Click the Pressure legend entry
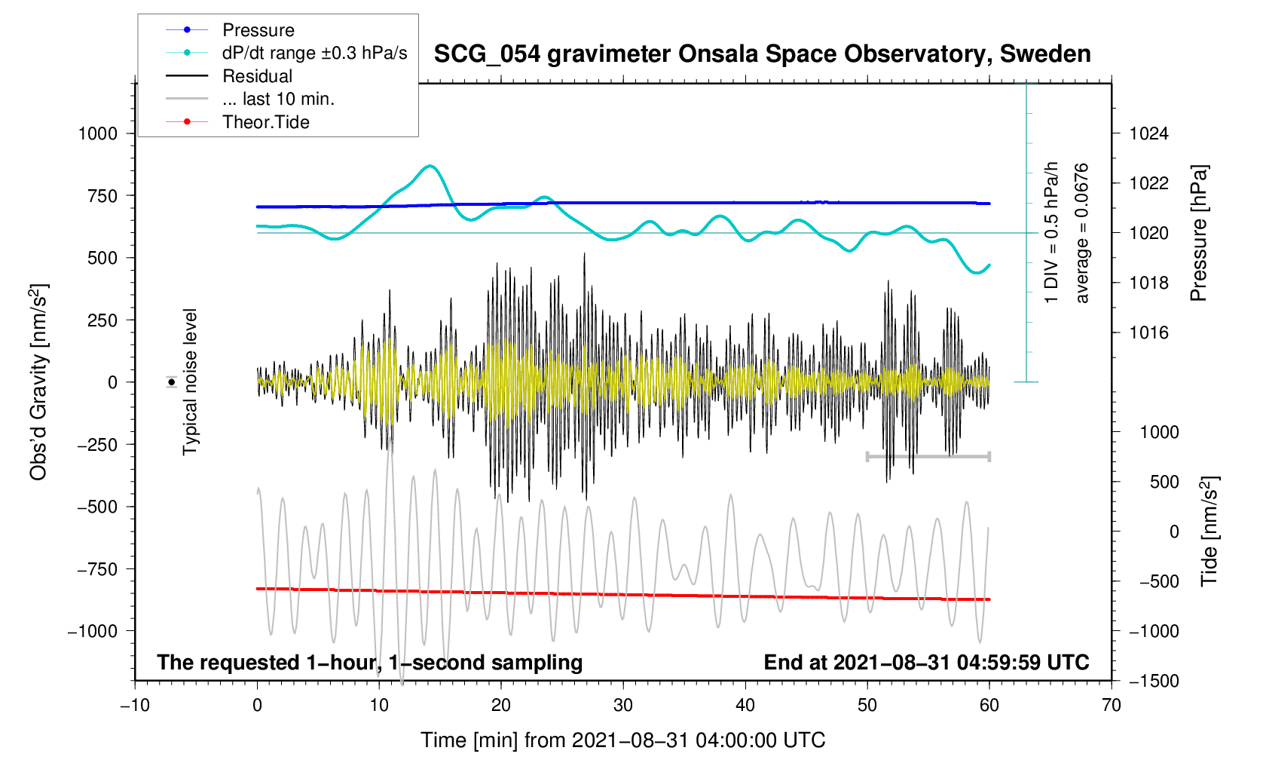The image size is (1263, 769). [x=258, y=30]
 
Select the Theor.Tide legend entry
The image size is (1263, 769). [x=265, y=122]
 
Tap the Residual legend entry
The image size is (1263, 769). [x=257, y=76]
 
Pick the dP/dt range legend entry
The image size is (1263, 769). [x=314, y=53]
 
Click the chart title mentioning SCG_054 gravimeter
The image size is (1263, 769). [x=762, y=54]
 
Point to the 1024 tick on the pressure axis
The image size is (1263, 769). [x=1148, y=134]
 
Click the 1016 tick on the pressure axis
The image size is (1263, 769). [x=1148, y=333]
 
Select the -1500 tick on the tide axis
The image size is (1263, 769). [x=1148, y=682]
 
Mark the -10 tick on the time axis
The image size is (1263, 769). [x=135, y=706]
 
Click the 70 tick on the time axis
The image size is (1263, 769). [x=1112, y=706]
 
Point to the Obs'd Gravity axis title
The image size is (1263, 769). [x=38, y=382]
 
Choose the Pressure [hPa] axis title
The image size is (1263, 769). [x=1198, y=234]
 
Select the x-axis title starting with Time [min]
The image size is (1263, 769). [x=622, y=740]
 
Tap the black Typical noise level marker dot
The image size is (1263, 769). [x=172, y=382]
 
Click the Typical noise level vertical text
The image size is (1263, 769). [x=190, y=382]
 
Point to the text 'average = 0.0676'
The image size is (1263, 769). [x=1082, y=234]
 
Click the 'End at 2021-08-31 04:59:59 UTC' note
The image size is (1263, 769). [x=926, y=663]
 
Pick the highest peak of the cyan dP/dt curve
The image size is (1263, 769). [x=430, y=165]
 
